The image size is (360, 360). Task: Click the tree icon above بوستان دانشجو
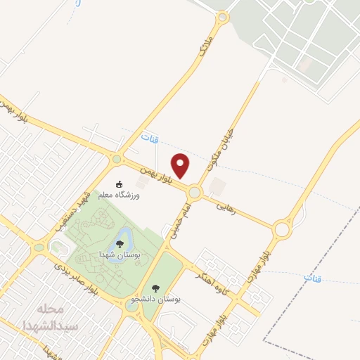[x=156, y=288]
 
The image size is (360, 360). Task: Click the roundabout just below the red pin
[x=195, y=191]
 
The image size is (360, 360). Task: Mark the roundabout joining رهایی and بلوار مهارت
[x=283, y=229]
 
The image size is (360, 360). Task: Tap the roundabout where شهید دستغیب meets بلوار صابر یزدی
[x=38, y=247]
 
